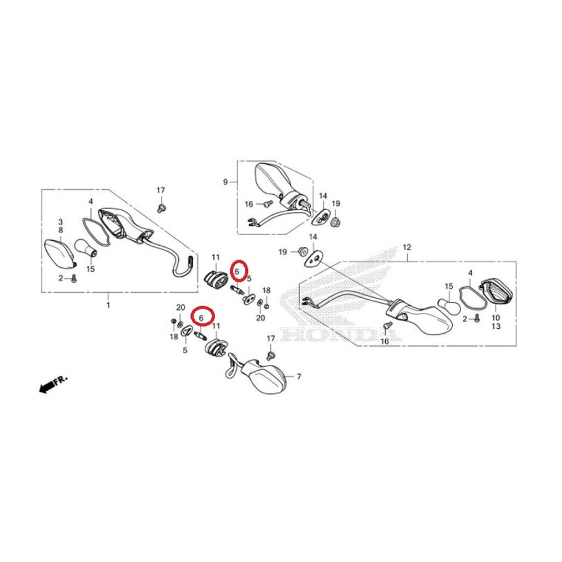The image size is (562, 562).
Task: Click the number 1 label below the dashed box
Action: pyautogui.click(x=108, y=305)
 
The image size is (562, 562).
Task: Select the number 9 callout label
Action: pyautogui.click(x=225, y=182)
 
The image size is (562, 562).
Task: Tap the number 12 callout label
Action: pyautogui.click(x=407, y=248)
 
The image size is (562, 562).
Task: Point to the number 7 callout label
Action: pyautogui.click(x=299, y=376)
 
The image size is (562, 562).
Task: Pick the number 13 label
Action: pyautogui.click(x=496, y=327)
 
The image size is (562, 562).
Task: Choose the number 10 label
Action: pyautogui.click(x=496, y=318)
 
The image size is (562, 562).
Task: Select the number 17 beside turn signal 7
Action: pyautogui.click(x=271, y=338)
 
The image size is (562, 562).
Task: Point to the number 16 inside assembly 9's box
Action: pyautogui.click(x=249, y=204)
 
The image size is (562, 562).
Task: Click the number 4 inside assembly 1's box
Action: pyautogui.click(x=91, y=201)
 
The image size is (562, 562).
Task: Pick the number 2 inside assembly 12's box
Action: pyautogui.click(x=465, y=319)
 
